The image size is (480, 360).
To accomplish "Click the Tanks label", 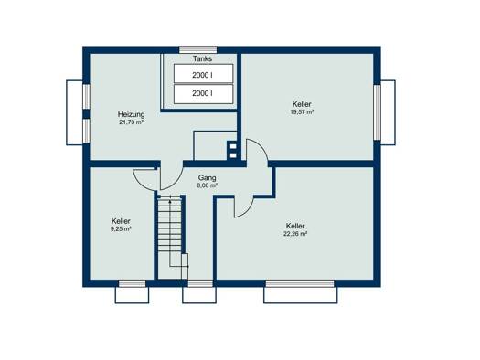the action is click(x=202, y=58).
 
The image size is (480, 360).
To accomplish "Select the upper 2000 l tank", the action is click(x=203, y=73).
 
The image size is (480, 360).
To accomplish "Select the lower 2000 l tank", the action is click(x=203, y=94).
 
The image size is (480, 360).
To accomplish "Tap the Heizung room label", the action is click(x=132, y=114).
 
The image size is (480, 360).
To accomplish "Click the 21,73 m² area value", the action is click(x=132, y=122).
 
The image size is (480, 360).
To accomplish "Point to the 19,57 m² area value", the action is click(x=302, y=112).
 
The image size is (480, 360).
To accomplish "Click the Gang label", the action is click(x=207, y=177).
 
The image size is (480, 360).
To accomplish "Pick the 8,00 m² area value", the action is click(x=207, y=185).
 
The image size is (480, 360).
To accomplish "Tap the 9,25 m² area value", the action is click(x=121, y=228).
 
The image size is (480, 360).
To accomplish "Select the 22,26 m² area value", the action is click(x=295, y=234).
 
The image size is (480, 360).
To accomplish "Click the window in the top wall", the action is click(x=198, y=50).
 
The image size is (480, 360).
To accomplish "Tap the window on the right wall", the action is click(x=377, y=112).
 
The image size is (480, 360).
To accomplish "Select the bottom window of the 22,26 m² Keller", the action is click(x=300, y=283).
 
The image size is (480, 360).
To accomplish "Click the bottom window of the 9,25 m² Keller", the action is click(x=132, y=283).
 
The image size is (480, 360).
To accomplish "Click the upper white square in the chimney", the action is click(x=233, y=146).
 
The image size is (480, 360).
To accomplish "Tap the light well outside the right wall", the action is click(x=388, y=112).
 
